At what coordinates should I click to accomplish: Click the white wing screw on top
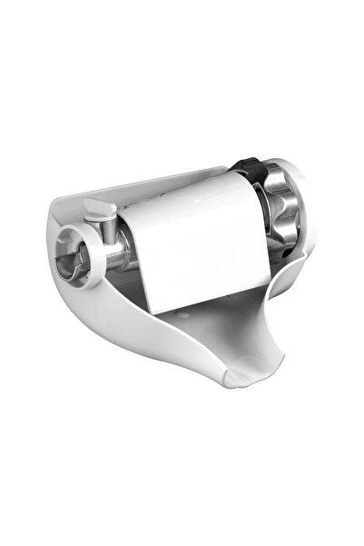coord(102,209)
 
